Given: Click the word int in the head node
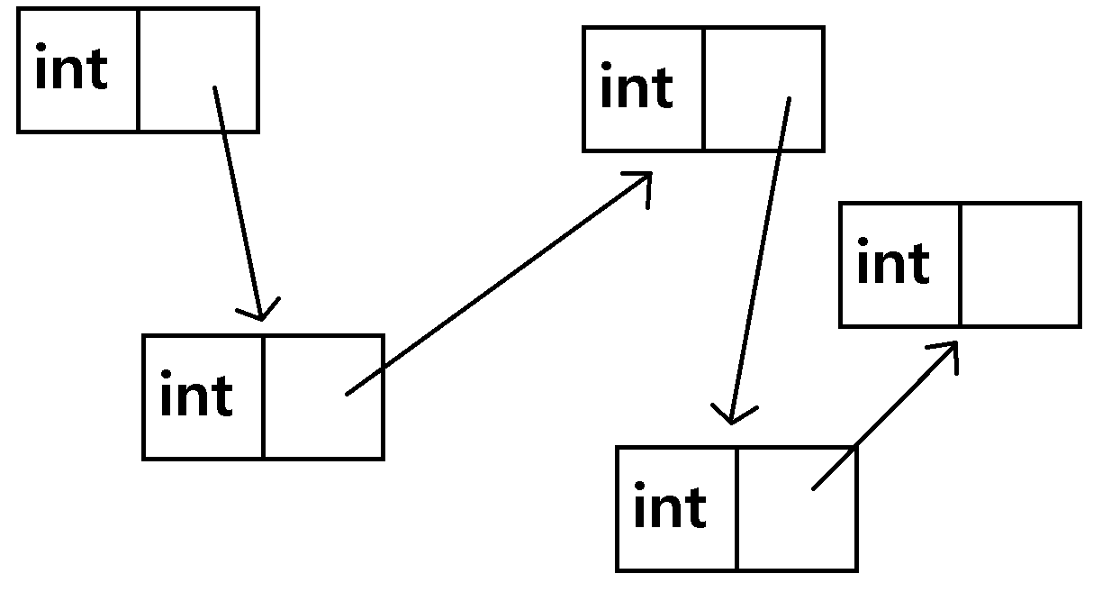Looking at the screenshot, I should click(71, 70).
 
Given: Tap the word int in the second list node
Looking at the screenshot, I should click(196, 396).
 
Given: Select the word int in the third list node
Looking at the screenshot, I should click(637, 88).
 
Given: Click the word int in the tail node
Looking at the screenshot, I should click(893, 264).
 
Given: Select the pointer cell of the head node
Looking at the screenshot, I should click(198, 70).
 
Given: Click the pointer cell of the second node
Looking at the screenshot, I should click(323, 396).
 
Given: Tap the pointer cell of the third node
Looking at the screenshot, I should click(763, 88).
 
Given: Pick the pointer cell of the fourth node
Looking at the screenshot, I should click(796, 507).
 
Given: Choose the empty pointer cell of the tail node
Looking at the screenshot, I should click(1019, 264).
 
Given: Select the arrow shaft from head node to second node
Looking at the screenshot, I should click(238, 198).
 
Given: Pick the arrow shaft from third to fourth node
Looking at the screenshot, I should click(761, 257).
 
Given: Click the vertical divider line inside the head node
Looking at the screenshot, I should click(138, 70).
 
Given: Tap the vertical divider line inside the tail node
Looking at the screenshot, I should click(960, 264).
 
